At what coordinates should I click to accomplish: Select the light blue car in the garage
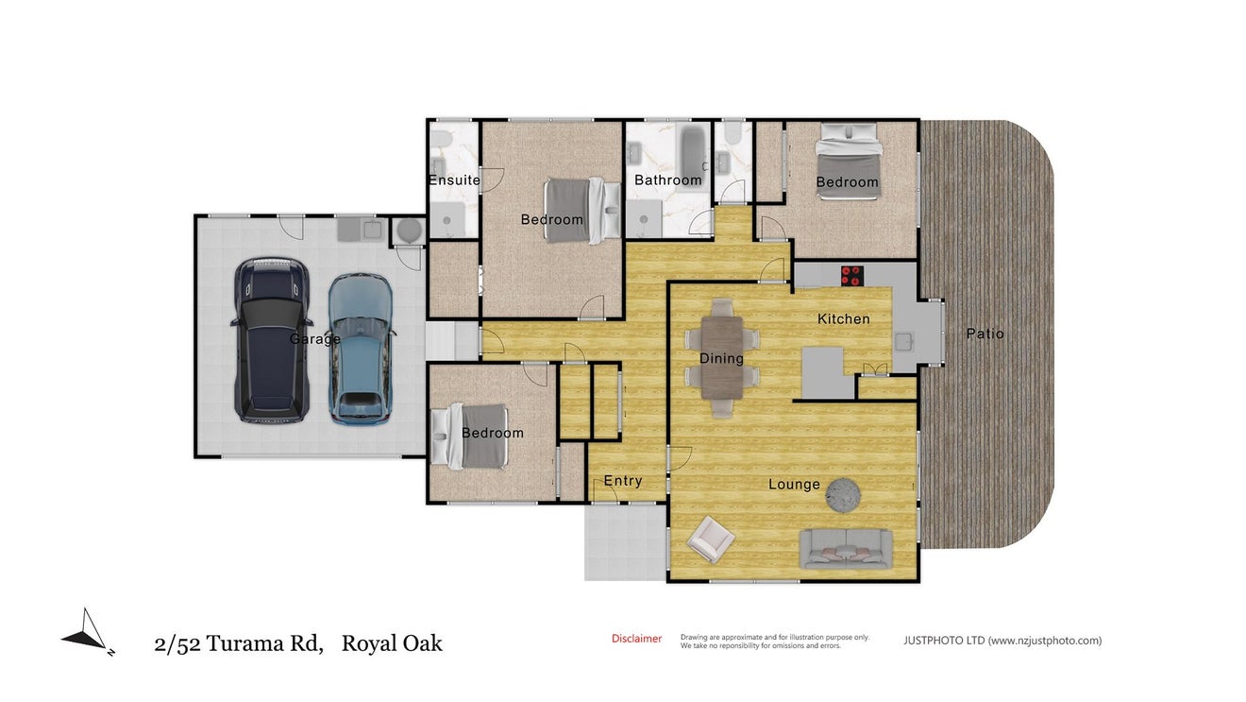361,350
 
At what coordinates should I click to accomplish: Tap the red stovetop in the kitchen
851,276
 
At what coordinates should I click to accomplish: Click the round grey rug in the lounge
843,494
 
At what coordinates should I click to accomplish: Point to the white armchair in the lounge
711,539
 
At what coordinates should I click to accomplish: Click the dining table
722,357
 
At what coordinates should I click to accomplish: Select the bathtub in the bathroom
693,154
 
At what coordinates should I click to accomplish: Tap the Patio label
985,334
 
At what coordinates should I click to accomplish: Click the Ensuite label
454,180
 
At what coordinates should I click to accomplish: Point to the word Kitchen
843,319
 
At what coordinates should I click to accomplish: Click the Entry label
622,481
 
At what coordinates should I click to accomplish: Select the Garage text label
315,338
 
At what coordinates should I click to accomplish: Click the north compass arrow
88,632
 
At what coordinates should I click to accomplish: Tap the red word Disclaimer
636,639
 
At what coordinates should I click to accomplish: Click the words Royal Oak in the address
392,643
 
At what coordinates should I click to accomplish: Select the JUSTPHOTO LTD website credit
1002,641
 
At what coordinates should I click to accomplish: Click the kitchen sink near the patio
904,342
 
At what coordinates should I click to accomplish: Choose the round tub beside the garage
409,230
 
